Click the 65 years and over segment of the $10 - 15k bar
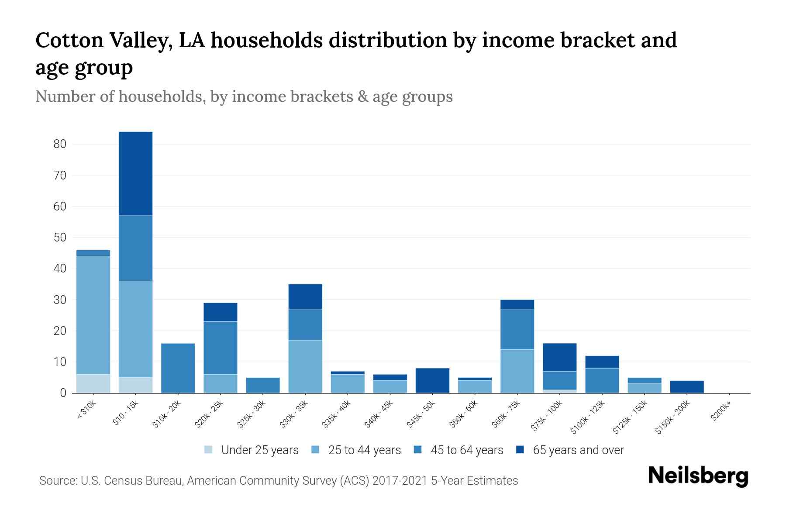click(136, 174)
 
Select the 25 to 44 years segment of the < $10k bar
click(93, 315)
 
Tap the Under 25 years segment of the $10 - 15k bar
click(136, 385)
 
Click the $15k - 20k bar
click(178, 368)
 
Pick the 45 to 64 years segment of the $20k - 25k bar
click(221, 348)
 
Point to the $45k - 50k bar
click(432, 380)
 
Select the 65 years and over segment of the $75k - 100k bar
click(559, 357)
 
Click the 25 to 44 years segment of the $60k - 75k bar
click(517, 371)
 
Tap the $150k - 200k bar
click(687, 387)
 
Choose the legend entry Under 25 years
click(252, 450)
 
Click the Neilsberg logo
click(698, 476)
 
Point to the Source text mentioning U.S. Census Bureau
click(278, 481)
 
